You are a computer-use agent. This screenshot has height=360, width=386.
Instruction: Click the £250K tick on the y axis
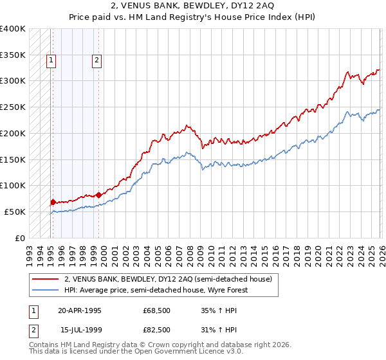(13, 107)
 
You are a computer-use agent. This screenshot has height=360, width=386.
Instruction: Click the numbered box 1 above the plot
(51, 61)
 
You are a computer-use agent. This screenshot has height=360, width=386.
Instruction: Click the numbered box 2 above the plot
(96, 61)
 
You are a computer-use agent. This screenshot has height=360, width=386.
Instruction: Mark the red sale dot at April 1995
(53, 202)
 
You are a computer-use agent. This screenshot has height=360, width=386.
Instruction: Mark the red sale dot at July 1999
(98, 194)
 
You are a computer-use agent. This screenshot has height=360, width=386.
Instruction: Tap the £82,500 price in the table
(157, 330)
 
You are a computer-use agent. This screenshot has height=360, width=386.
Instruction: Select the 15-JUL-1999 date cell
(79, 330)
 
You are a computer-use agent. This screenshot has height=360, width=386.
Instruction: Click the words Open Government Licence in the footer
(187, 353)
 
